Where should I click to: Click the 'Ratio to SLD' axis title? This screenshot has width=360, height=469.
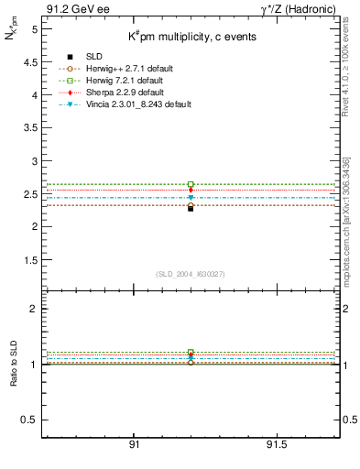(x=14, y=365)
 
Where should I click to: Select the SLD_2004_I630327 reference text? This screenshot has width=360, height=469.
(x=191, y=273)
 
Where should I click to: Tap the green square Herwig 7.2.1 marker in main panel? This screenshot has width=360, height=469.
(x=191, y=185)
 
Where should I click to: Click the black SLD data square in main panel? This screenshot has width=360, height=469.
(x=191, y=208)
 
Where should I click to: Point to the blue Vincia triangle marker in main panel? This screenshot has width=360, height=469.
(x=191, y=197)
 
